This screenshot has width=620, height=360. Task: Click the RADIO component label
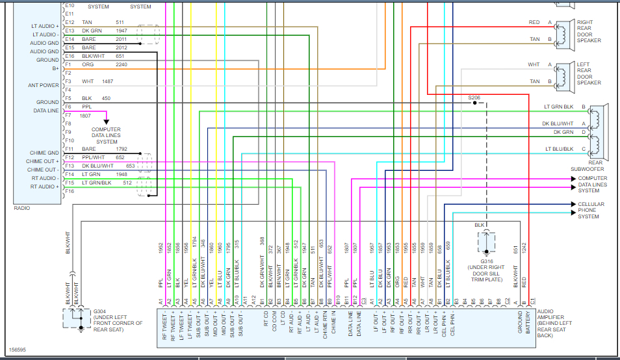tap(21, 208)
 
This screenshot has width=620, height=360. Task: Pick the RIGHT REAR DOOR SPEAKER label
tap(589, 31)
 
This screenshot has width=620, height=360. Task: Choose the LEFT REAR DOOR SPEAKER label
tap(589, 73)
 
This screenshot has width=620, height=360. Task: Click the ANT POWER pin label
tap(44, 85)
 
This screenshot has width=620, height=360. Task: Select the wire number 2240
tap(122, 64)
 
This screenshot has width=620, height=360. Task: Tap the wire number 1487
tap(107, 81)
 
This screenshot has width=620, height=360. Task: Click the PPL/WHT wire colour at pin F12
tap(94, 157)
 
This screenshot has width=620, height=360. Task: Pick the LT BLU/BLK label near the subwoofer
tap(559, 149)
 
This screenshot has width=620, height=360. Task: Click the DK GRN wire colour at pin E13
tap(92, 31)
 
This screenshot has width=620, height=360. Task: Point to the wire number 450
tap(106, 98)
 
